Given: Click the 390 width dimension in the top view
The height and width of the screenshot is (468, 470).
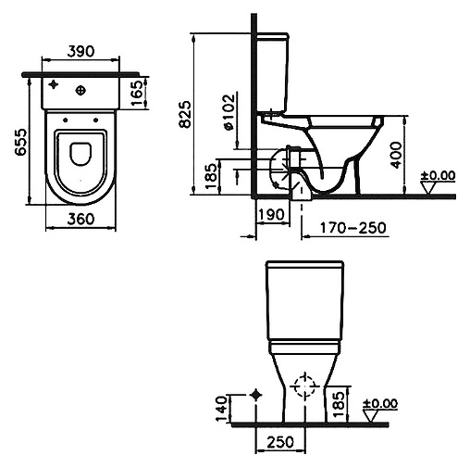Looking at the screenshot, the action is [80, 51].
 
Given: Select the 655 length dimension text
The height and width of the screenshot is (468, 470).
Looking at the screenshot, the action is [22, 142].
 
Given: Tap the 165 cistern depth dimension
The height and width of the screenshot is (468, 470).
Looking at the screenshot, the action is [137, 93].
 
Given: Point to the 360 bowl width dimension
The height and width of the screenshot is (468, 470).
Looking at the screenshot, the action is [80, 219].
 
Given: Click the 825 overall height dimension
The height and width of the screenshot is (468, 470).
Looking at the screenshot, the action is [185, 114].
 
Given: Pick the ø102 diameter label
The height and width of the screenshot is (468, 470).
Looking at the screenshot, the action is [229, 112].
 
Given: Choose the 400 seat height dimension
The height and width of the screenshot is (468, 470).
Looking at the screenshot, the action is [396, 155].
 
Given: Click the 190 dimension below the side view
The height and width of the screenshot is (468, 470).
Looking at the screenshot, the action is [271, 214].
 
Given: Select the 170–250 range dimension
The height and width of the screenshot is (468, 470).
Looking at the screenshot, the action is [353, 228].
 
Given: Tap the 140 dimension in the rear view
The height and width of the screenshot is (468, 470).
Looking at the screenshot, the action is [221, 409].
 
